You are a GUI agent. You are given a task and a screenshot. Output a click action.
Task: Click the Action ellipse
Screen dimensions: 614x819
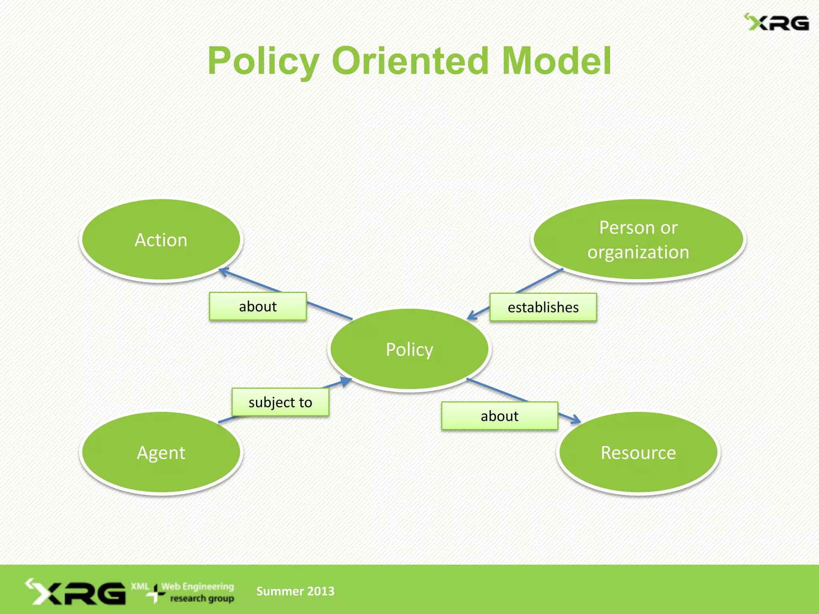(x=161, y=240)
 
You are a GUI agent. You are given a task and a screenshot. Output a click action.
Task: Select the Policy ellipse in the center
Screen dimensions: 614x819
(x=409, y=349)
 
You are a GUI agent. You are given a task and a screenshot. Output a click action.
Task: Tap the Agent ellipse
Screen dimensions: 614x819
(x=161, y=453)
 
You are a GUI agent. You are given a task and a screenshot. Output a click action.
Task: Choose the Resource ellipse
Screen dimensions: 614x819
(x=638, y=453)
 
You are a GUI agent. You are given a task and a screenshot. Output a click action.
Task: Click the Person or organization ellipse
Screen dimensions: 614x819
(x=638, y=240)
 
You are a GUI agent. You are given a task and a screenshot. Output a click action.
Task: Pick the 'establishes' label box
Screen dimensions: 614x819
(x=543, y=307)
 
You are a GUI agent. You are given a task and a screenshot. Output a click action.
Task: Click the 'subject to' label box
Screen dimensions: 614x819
(x=280, y=402)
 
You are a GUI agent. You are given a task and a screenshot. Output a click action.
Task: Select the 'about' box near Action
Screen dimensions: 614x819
(x=258, y=306)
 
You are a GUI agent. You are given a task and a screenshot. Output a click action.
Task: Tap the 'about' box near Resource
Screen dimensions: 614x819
(x=499, y=416)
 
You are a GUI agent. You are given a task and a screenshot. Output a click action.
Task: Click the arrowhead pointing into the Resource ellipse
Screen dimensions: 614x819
(x=576, y=420)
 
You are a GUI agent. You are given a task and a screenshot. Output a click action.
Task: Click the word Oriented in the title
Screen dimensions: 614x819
(x=410, y=61)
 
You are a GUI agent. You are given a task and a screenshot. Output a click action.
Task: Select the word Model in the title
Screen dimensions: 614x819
(x=556, y=61)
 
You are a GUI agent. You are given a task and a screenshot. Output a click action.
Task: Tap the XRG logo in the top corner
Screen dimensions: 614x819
(x=776, y=23)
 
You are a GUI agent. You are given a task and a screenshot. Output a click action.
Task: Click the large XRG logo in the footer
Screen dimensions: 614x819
(x=76, y=592)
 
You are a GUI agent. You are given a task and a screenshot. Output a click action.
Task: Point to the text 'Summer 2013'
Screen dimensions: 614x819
(x=295, y=591)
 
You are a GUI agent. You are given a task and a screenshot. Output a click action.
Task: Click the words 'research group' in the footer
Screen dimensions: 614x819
(x=202, y=598)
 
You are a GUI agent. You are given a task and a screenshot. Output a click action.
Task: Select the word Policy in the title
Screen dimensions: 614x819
(x=264, y=61)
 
